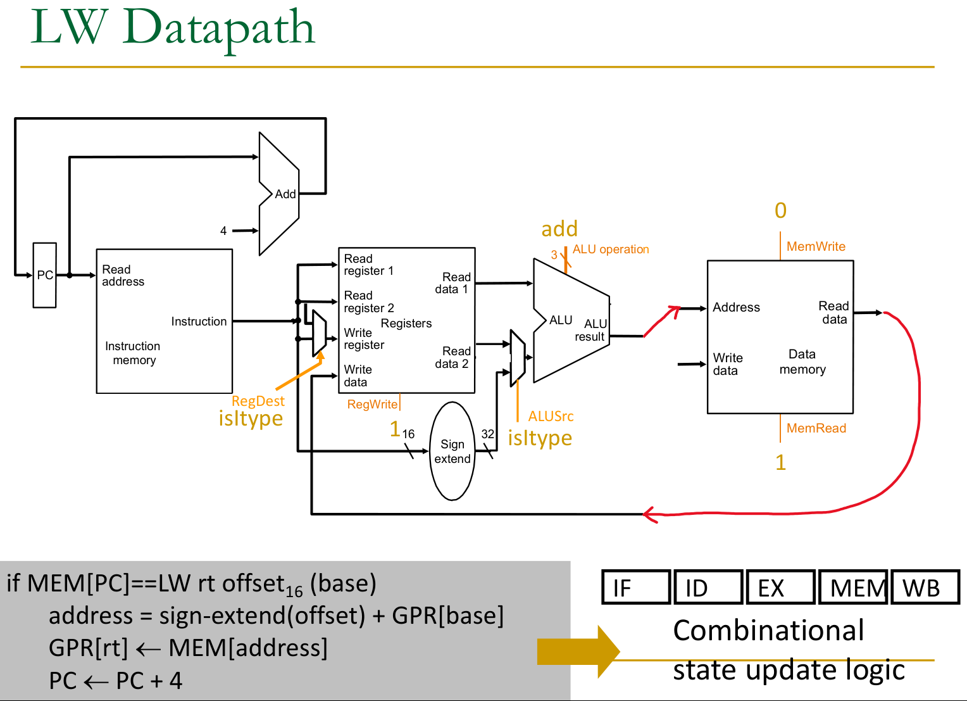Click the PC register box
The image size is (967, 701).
44,275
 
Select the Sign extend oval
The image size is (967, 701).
452,451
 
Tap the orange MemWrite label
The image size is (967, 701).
815,246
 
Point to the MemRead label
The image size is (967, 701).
816,428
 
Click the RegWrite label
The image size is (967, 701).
372,404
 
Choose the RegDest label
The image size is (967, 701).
258,401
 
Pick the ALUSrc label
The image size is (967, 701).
551,416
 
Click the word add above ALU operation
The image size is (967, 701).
559,229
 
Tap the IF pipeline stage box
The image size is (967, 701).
635,587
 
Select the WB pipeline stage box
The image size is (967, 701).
925,587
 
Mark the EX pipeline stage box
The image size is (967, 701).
780,587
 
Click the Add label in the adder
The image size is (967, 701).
285,194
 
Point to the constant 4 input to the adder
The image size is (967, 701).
223,231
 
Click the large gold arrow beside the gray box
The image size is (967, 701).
577,652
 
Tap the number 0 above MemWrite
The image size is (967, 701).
780,210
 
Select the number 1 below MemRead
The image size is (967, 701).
780,462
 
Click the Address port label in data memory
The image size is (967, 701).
736,307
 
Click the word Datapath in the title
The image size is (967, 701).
219,28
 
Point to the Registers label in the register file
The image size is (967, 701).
406,324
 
